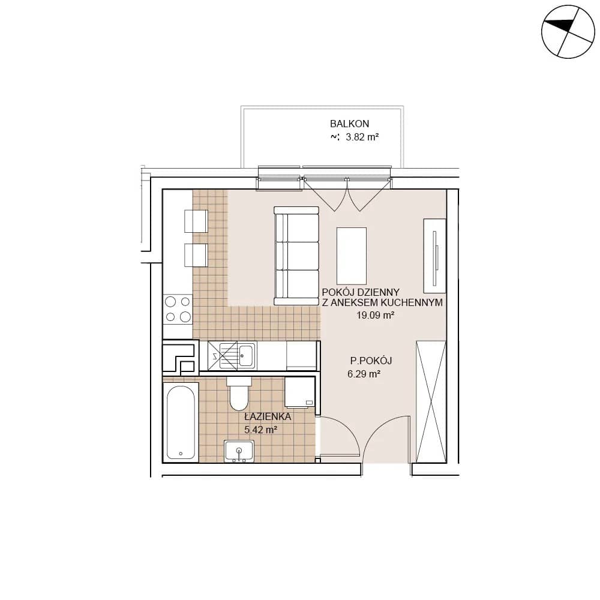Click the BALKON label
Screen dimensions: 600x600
[349, 124]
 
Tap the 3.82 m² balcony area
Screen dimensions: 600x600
[362, 137]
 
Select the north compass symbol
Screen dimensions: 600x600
[568, 32]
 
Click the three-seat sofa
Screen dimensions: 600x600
[296, 256]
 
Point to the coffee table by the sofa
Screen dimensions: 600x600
[351, 256]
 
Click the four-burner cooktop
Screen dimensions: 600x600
[178, 309]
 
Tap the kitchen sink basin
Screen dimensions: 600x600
[246, 355]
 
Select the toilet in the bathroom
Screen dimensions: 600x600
[239, 393]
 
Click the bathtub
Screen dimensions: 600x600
[181, 422]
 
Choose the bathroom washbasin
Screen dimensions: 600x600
[239, 451]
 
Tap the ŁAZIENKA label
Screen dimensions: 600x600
[268, 416]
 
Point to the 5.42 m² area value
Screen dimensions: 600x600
[260, 430]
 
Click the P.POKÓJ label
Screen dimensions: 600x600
[371, 361]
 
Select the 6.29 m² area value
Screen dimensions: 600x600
[364, 374]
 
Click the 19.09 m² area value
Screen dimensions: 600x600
[376, 316]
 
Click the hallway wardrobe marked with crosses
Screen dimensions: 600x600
[431, 402]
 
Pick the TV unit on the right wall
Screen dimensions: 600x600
[434, 256]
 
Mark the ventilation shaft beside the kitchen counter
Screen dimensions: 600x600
[181, 358]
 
